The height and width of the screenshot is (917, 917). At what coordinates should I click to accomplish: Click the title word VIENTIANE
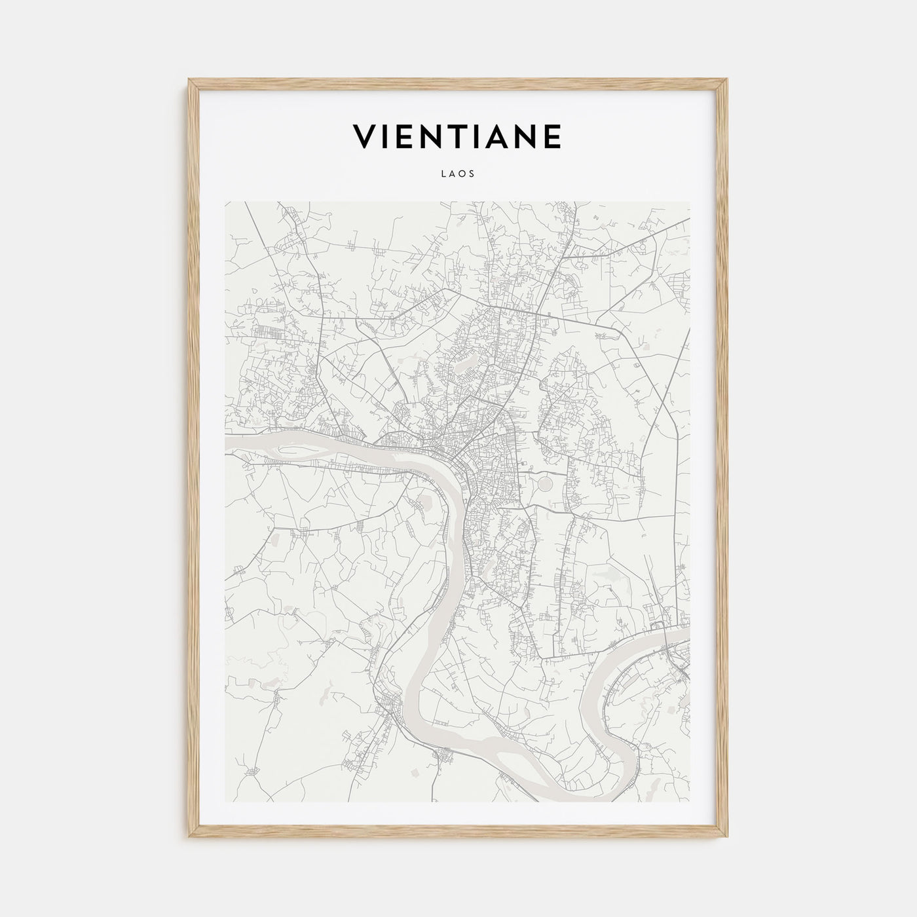457,136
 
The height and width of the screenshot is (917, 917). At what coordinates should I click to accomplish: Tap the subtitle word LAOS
458,174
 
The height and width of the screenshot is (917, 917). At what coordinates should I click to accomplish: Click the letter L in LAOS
444,174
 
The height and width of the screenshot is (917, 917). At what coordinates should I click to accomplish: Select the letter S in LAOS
471,174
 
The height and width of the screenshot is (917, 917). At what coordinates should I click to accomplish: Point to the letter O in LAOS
462,174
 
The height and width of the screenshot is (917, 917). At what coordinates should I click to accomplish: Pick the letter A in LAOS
453,174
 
